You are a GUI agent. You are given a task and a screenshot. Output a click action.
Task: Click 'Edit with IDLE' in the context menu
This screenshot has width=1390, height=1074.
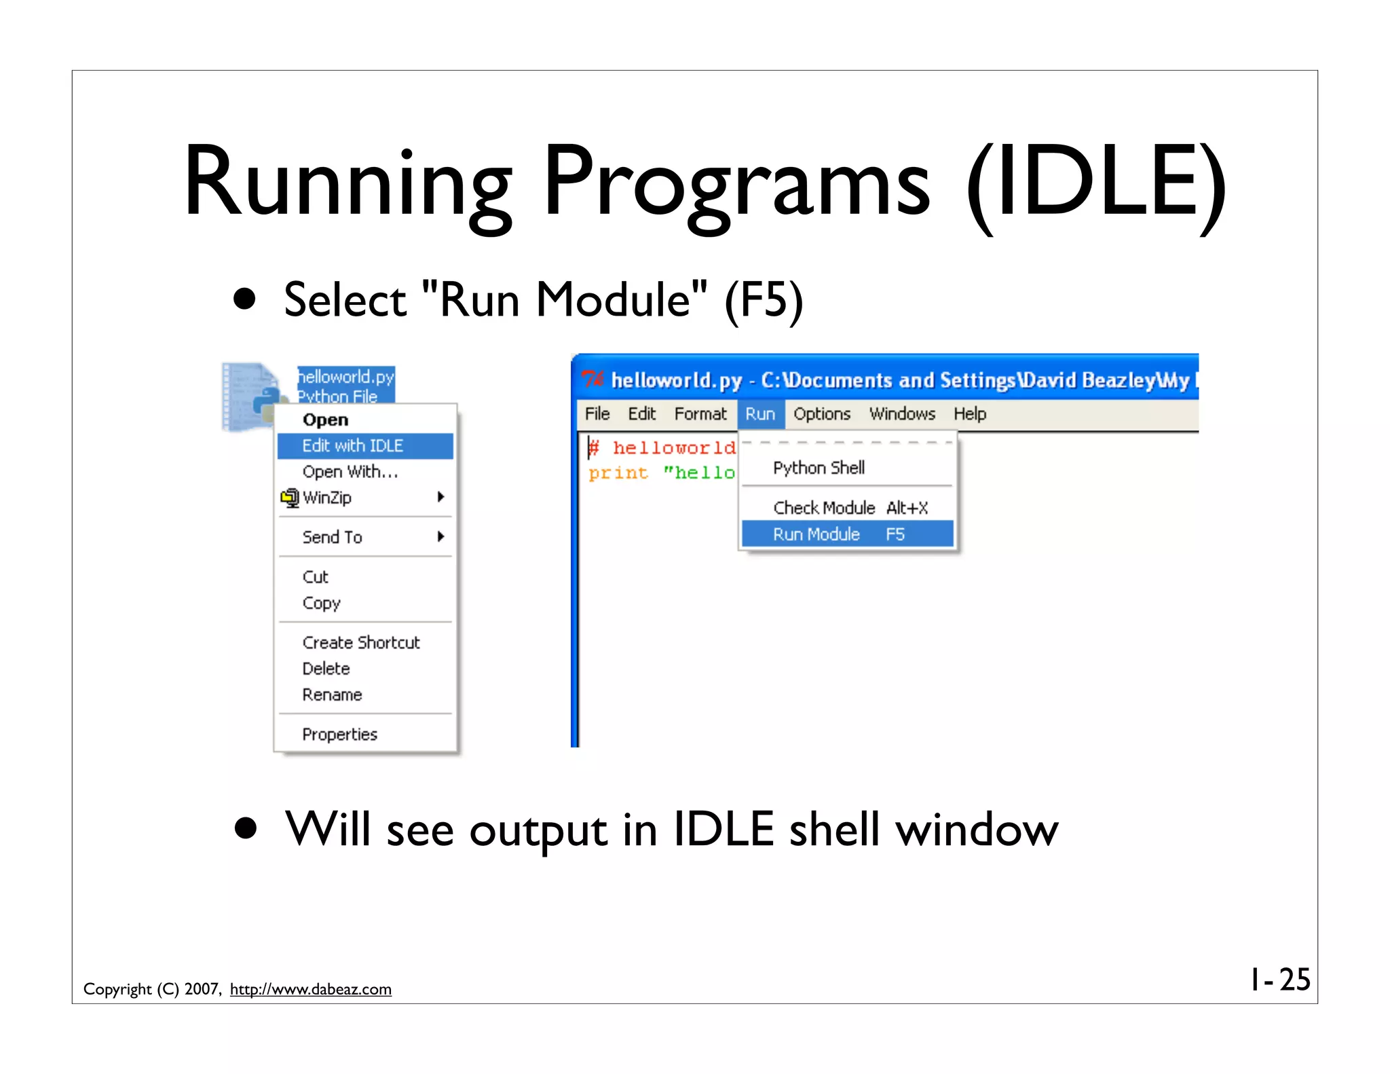[352, 446]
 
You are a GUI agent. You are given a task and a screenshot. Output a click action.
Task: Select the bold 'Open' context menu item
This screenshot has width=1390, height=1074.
[325, 420]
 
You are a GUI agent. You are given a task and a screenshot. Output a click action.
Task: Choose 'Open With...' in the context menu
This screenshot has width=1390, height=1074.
[350, 472]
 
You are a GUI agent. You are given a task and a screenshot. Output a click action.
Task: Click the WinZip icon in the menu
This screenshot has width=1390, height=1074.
[290, 498]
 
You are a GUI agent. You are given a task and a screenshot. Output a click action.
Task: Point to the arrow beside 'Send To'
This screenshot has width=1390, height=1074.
[440, 537]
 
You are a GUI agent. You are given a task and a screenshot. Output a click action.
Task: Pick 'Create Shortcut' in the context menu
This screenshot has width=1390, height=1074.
[360, 642]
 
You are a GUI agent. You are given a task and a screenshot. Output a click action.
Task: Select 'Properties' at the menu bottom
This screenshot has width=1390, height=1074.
[339, 735]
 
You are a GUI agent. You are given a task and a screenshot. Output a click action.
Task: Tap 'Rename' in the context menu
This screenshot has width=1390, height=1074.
[332, 695]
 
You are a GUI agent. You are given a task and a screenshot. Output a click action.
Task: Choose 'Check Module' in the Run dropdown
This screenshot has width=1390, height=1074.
[824, 508]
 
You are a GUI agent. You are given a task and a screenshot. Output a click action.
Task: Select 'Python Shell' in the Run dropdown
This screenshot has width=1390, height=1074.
[819, 468]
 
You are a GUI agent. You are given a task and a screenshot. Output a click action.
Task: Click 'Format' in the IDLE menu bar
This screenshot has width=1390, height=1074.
[700, 414]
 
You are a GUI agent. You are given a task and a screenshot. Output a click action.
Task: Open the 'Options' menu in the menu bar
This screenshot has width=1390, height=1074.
[821, 414]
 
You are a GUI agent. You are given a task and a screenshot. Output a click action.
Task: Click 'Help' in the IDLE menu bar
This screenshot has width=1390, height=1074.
[969, 414]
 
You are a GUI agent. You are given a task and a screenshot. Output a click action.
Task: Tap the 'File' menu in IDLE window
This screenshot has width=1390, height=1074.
[597, 414]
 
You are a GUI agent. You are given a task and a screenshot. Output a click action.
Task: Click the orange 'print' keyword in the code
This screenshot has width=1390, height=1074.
[618, 473]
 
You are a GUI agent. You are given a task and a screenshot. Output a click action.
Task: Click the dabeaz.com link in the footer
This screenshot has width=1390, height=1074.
[310, 989]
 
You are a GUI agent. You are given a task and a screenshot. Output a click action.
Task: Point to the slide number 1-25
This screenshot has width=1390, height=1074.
[1280, 980]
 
